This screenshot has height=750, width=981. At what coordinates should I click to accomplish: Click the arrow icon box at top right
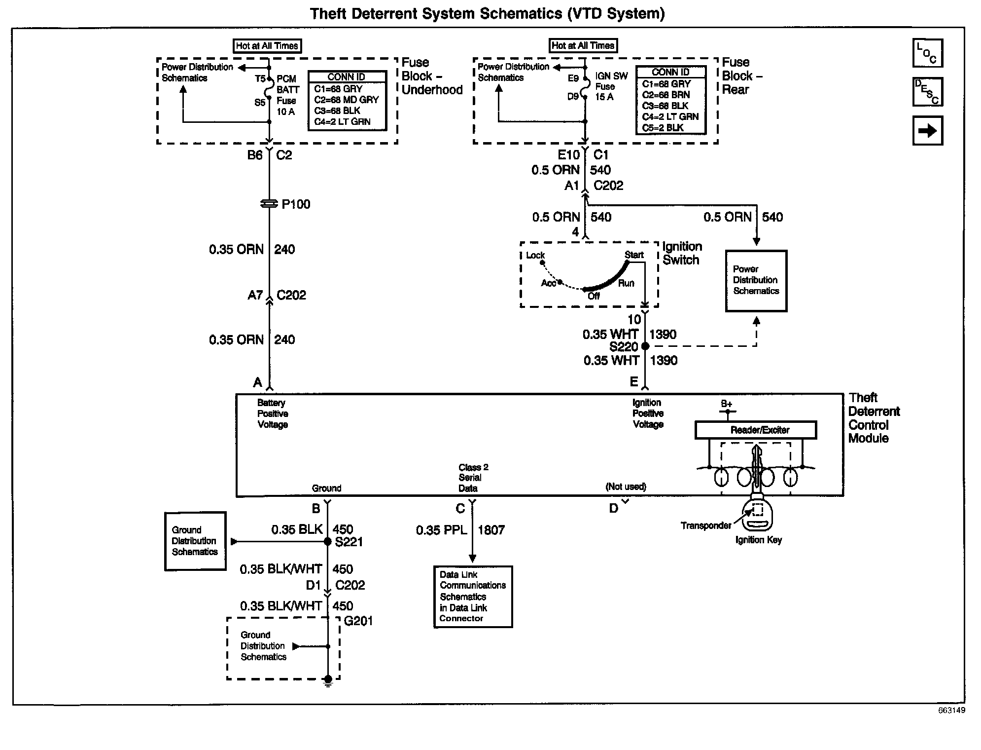point(927,131)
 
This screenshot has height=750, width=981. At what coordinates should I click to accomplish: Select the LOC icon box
point(927,53)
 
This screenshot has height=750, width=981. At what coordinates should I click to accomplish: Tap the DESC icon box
point(927,92)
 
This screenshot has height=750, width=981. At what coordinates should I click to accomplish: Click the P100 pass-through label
point(296,204)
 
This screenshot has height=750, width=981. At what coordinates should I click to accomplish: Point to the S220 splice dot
point(645,346)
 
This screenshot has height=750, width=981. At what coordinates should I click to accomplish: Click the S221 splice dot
point(327,542)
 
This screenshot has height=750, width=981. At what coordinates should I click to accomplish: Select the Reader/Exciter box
point(755,430)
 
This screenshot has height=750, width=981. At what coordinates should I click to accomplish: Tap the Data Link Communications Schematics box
point(473,597)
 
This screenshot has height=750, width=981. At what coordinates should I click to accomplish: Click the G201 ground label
point(358,621)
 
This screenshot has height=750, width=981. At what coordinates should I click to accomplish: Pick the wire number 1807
point(491,530)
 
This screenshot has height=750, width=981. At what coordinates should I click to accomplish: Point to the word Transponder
point(706,526)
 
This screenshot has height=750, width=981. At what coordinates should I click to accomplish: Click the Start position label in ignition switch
point(634,255)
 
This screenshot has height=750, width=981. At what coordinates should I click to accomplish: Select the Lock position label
point(535,256)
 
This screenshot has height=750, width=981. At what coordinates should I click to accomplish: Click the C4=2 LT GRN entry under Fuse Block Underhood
point(342,122)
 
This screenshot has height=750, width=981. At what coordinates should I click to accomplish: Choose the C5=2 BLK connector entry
point(663,128)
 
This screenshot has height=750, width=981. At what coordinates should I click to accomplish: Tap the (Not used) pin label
point(626,487)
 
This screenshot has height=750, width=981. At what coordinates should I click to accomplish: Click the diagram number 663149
point(951,711)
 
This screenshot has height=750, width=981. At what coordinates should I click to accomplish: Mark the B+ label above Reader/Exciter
point(726,404)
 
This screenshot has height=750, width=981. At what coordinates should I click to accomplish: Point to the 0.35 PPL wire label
point(441,530)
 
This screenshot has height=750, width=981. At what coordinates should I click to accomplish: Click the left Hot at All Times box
point(267,46)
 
